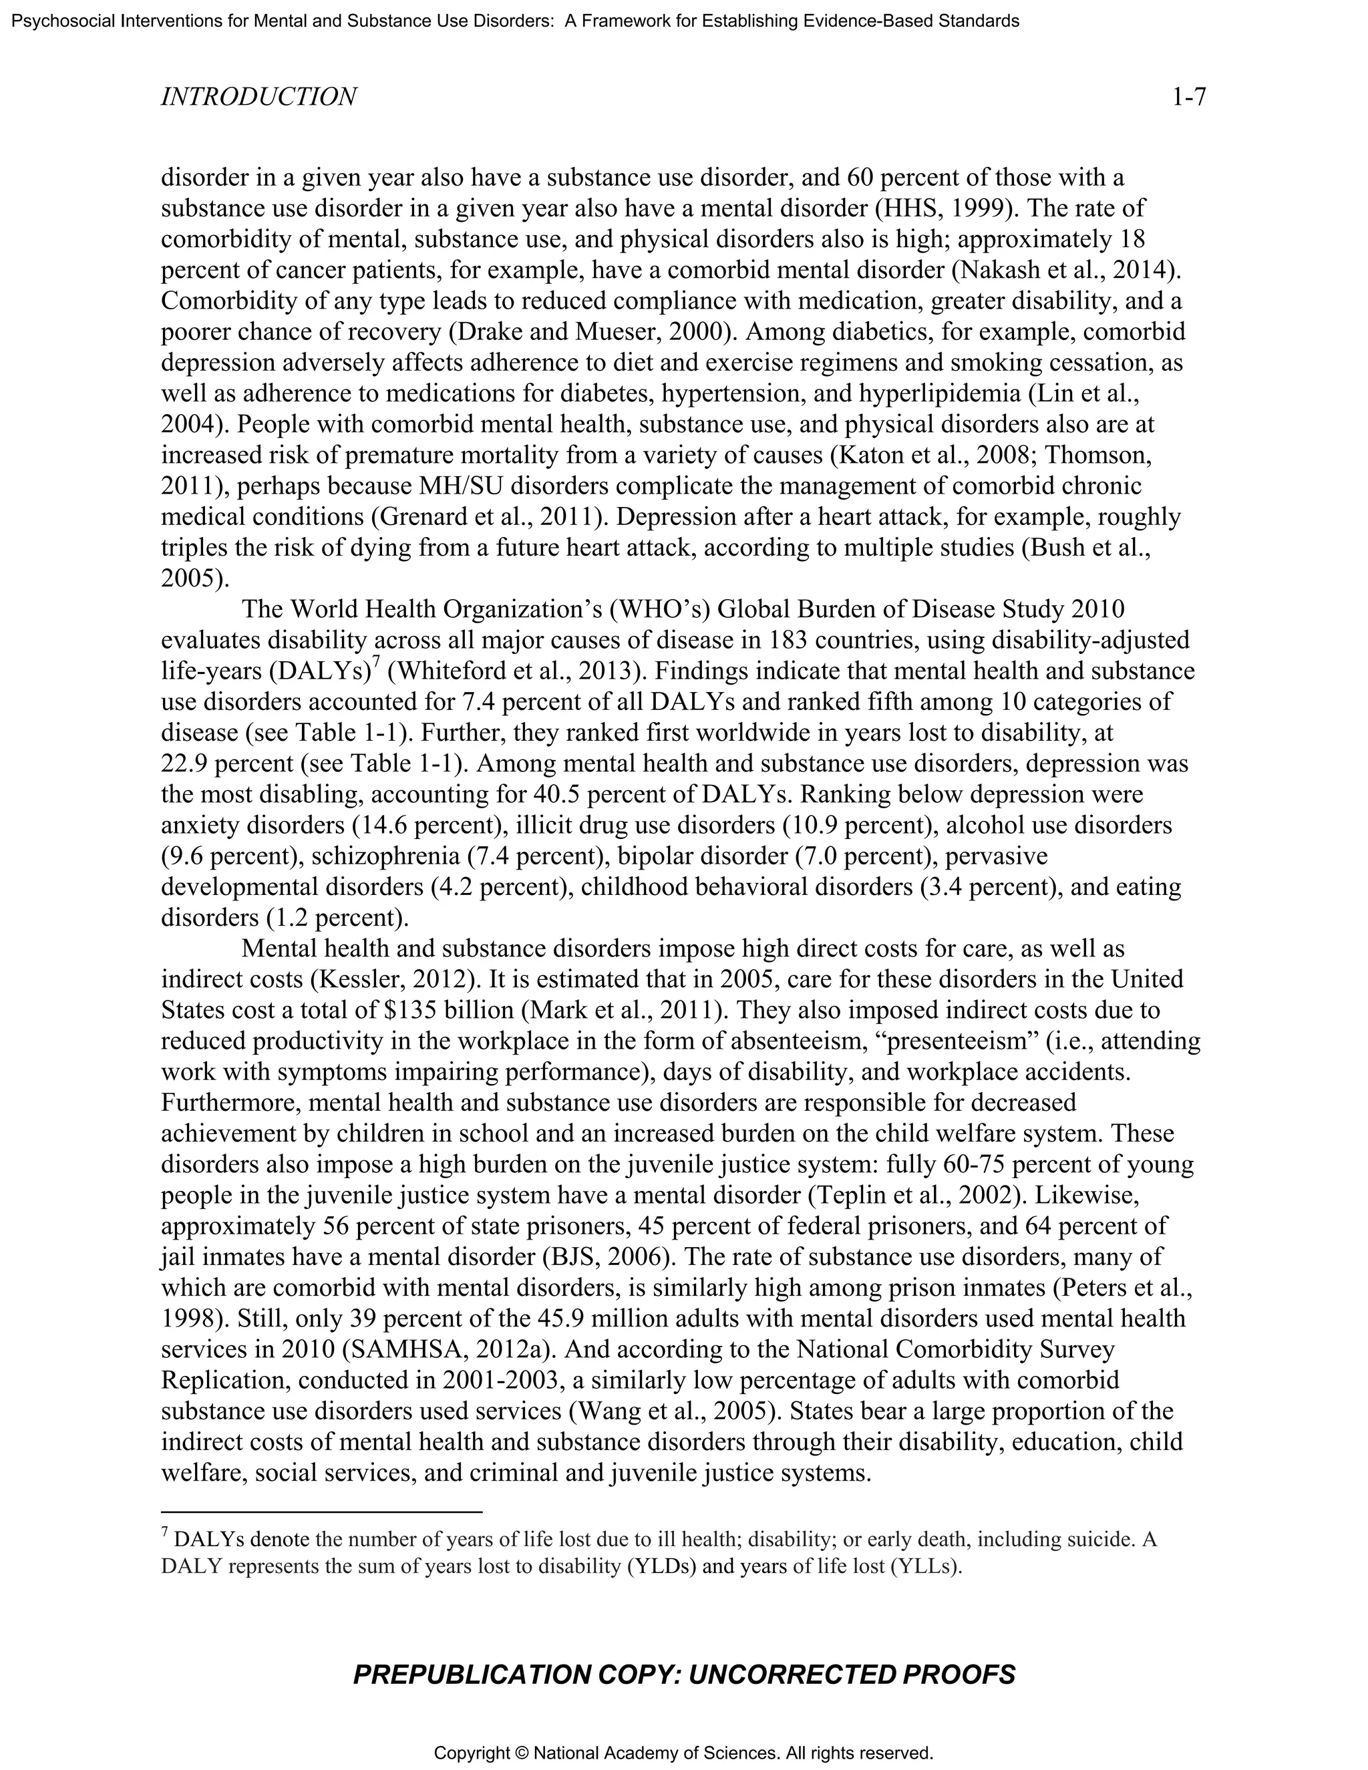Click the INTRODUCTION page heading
pyautogui.click(x=259, y=98)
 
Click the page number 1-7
pyautogui.click(x=1188, y=98)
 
